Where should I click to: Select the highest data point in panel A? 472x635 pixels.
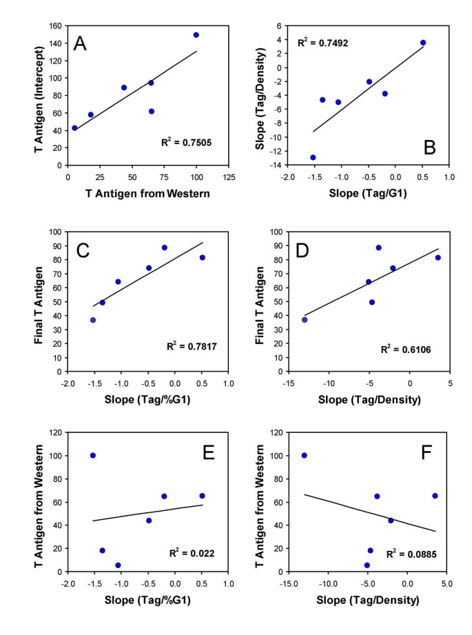(x=196, y=34)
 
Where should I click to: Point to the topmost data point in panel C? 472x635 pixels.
(x=165, y=248)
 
